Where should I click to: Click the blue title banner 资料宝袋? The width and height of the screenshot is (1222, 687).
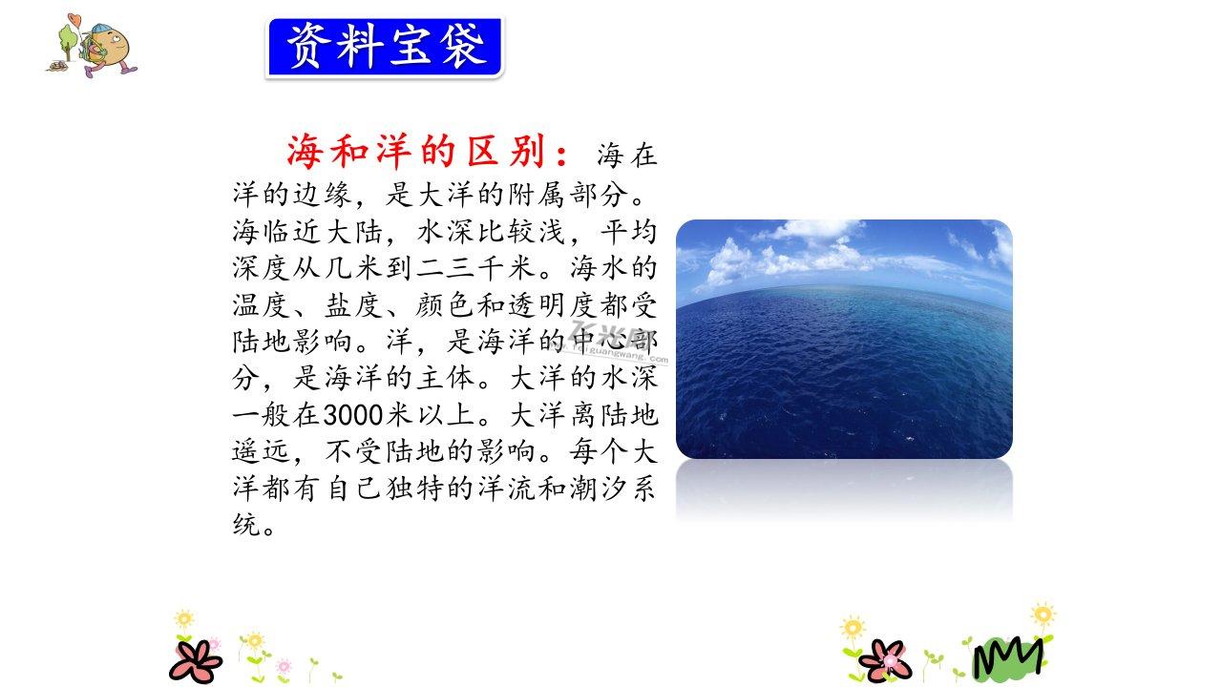tap(385, 48)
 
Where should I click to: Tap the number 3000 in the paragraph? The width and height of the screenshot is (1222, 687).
tap(353, 415)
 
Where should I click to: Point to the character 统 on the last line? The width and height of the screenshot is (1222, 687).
tap(246, 525)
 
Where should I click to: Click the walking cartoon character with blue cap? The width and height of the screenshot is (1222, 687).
tap(108, 51)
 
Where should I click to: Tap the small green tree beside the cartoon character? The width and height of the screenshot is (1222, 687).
tap(68, 41)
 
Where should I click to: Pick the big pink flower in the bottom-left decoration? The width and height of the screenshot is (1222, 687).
tap(196, 661)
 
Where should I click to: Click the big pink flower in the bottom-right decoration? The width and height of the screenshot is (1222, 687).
tap(885, 660)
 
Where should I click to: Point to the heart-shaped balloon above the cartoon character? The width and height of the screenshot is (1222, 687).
tap(74, 20)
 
